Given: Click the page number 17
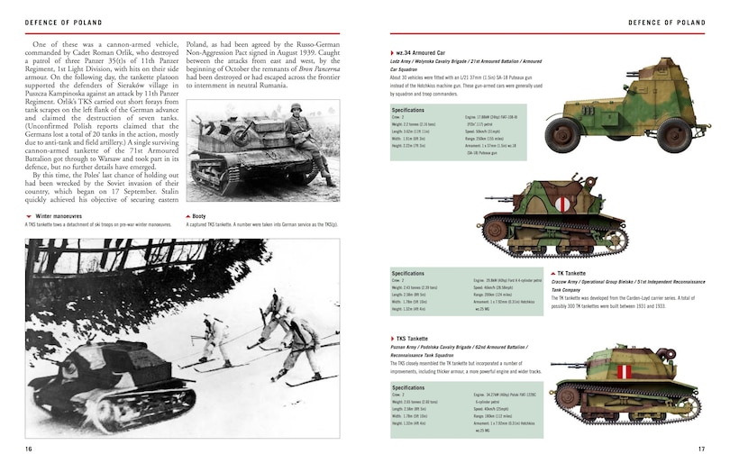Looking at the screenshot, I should point(700,449).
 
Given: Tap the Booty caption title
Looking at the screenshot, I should point(199,216).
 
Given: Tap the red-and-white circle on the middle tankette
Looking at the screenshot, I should point(563,205).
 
